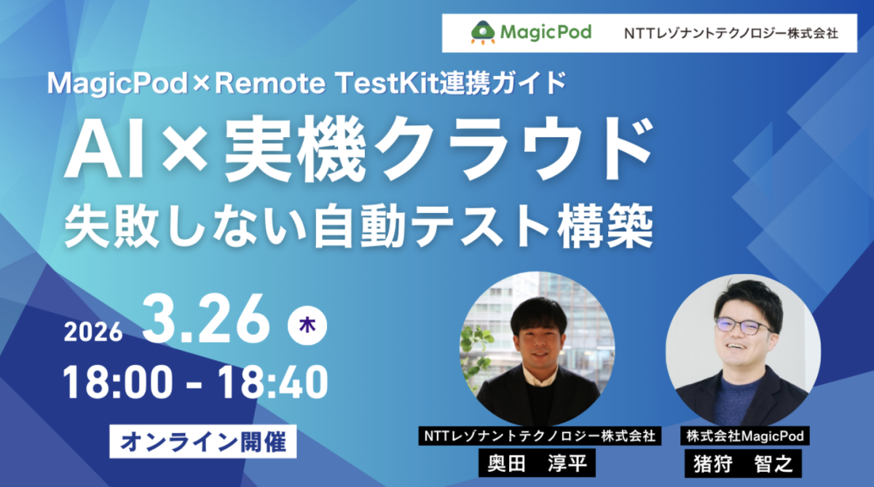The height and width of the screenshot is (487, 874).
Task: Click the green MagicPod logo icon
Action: point(482,31)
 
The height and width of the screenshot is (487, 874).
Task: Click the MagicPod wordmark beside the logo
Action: point(546,32)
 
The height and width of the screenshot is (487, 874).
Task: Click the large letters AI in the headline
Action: point(103,145)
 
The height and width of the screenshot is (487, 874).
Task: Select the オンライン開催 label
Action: point(204,442)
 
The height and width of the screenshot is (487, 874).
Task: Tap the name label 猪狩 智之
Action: point(743,463)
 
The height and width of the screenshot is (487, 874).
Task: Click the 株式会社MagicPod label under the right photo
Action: point(743,436)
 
